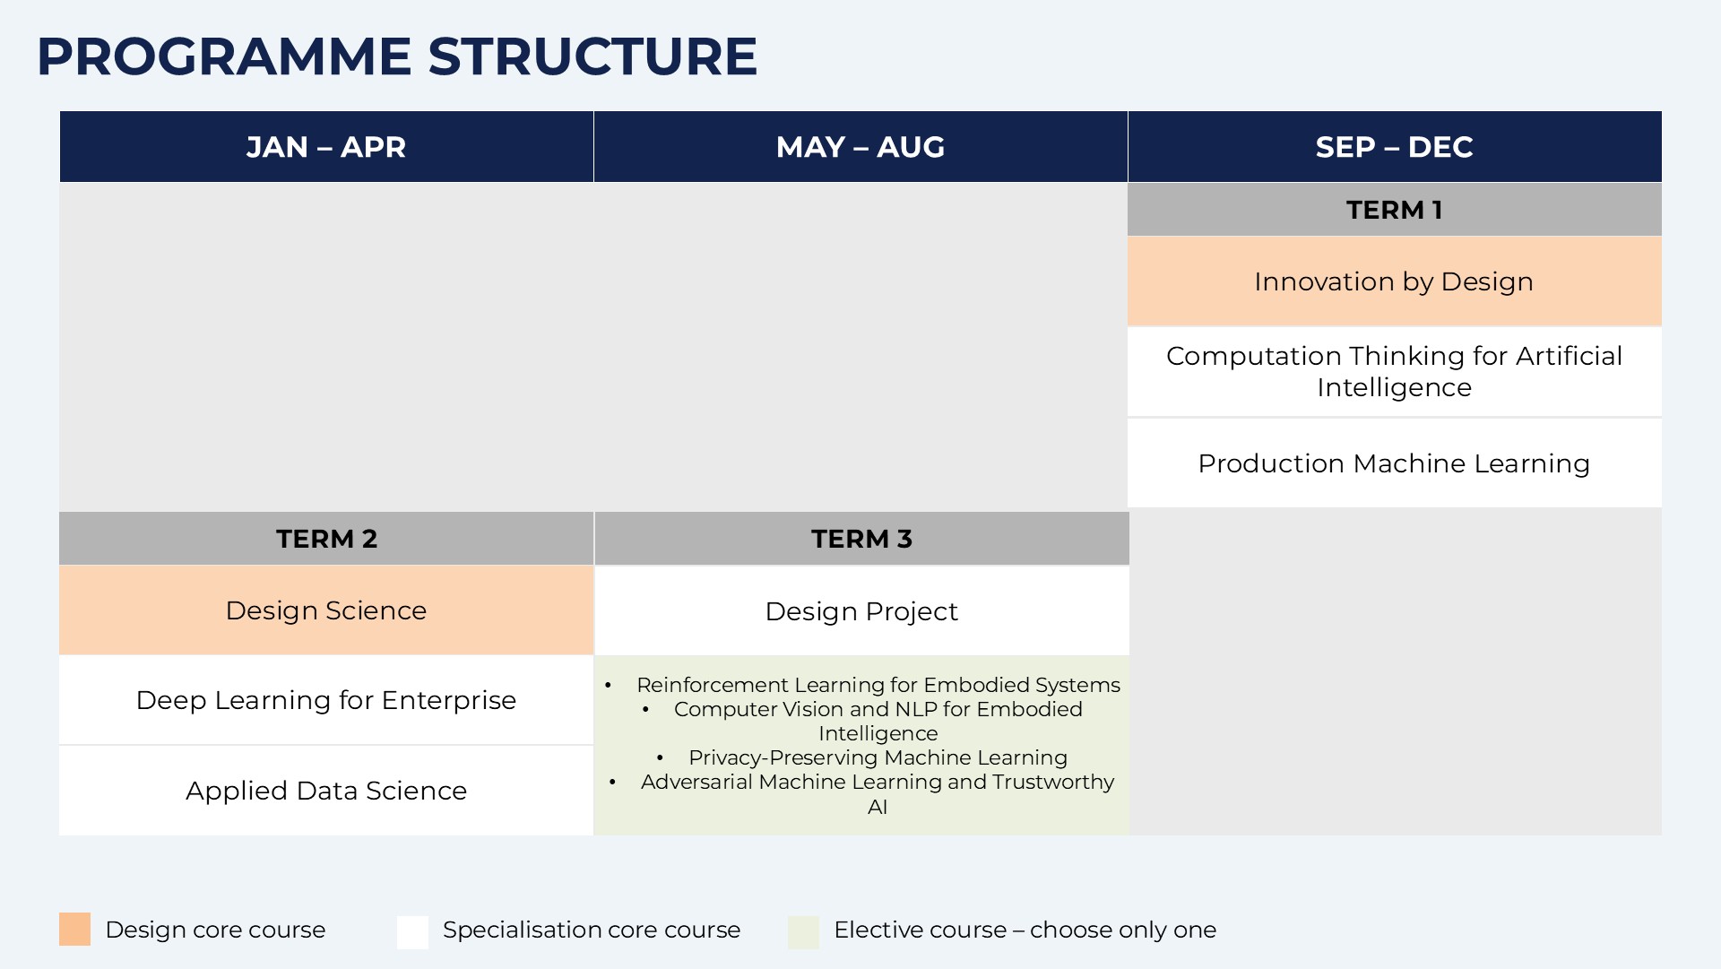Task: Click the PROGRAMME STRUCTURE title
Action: pyautogui.click(x=397, y=56)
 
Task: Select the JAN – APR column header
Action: pyautogui.click(x=326, y=147)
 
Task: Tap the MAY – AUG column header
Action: pyautogui.click(x=860, y=147)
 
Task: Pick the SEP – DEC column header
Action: pyautogui.click(x=1395, y=147)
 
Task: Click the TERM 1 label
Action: pyautogui.click(x=1395, y=210)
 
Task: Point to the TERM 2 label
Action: pyautogui.click(x=326, y=539)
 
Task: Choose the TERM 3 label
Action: pyautogui.click(x=861, y=539)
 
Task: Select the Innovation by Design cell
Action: pyautogui.click(x=1395, y=281)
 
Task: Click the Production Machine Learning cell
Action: pyautogui.click(x=1395, y=463)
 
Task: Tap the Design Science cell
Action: pyautogui.click(x=326, y=610)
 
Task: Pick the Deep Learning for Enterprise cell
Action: pyautogui.click(x=326, y=700)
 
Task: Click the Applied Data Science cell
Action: pyautogui.click(x=326, y=791)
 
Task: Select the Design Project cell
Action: pyautogui.click(x=861, y=611)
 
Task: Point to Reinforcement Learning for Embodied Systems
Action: pyautogui.click(x=878, y=685)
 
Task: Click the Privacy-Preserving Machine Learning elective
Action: pyautogui.click(x=878, y=757)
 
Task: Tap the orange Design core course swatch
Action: pyautogui.click(x=75, y=930)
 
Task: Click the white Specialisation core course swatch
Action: pyautogui.click(x=412, y=932)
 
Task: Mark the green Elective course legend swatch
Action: pyautogui.click(x=803, y=932)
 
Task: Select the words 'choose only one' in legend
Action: pyautogui.click(x=1123, y=930)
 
